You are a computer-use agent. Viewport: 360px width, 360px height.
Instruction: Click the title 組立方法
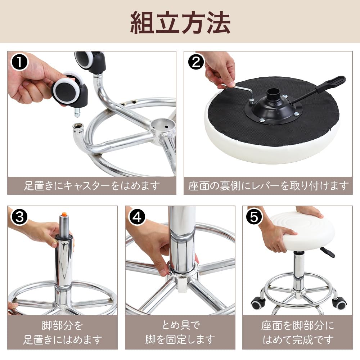pos(180,22)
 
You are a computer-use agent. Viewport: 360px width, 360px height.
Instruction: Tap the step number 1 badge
pos(19,62)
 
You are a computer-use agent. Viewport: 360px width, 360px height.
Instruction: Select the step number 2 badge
pos(196,62)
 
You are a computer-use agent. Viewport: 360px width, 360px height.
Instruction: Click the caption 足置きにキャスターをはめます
pos(92,186)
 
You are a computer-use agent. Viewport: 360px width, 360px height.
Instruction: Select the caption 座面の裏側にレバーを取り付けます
pos(268,186)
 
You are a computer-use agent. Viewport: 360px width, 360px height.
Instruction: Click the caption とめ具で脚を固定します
pos(180,332)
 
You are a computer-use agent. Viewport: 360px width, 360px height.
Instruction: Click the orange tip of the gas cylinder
pos(64,214)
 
